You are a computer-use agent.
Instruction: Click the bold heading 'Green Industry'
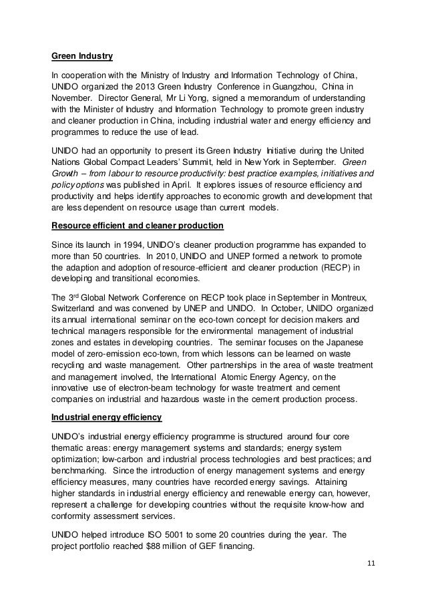(x=83, y=55)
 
